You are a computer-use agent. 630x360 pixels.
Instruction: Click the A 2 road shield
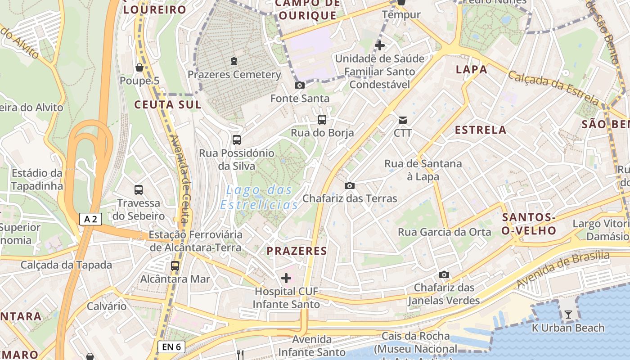click(x=90, y=219)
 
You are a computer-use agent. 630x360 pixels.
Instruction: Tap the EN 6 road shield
click(x=171, y=346)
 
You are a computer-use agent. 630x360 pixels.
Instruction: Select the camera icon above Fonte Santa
click(x=299, y=85)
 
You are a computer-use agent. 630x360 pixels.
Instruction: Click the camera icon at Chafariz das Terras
click(x=349, y=185)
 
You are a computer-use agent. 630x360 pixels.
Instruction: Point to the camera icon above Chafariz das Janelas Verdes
click(x=444, y=274)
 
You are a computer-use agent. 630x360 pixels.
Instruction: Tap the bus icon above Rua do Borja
click(x=322, y=120)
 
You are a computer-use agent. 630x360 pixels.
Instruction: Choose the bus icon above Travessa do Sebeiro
click(x=139, y=190)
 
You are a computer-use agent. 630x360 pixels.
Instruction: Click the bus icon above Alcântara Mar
click(x=175, y=266)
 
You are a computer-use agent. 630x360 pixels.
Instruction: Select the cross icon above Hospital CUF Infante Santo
click(x=286, y=278)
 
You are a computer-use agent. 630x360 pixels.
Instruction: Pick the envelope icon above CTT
click(x=403, y=120)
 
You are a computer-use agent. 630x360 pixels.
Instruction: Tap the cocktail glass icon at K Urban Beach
click(x=568, y=315)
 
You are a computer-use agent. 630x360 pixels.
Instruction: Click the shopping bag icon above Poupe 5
click(x=139, y=67)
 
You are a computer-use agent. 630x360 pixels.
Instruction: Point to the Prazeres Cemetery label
click(x=234, y=75)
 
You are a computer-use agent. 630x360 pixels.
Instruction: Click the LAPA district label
click(x=472, y=69)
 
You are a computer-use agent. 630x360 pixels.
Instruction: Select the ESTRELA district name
click(x=481, y=130)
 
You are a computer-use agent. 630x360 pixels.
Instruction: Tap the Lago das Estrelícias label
click(x=259, y=198)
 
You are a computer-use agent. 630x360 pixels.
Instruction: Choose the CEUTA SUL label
click(x=167, y=105)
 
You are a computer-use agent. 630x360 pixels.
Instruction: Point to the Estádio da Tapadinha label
click(x=37, y=180)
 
